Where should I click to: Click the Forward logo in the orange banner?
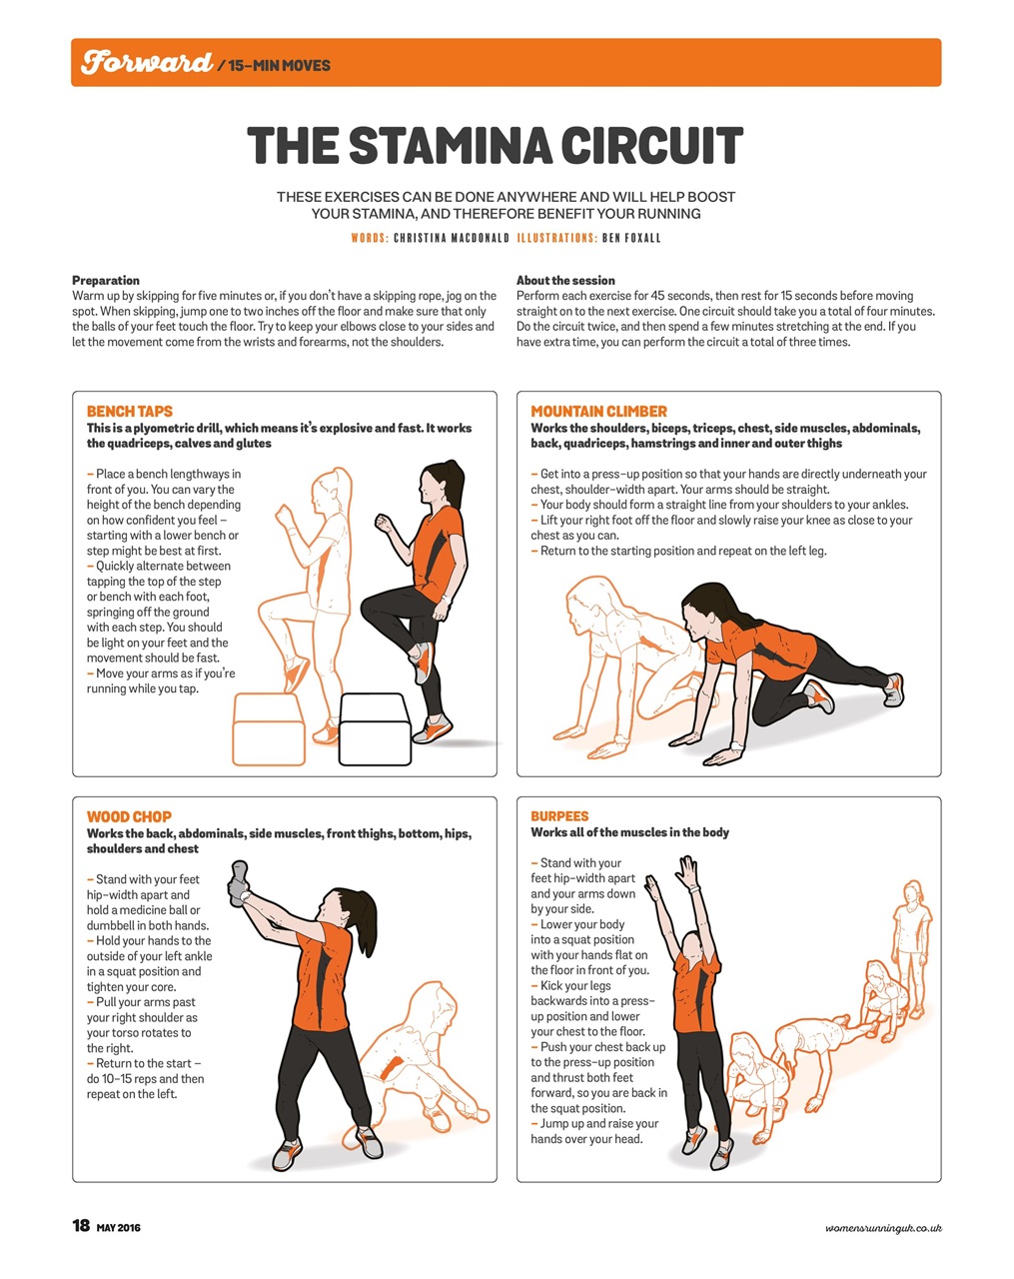click(146, 62)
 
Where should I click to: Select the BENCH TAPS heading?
click(130, 412)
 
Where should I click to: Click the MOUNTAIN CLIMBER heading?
click(598, 412)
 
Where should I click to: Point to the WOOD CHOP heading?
click(129, 816)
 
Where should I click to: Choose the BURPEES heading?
click(559, 816)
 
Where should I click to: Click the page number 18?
click(81, 1225)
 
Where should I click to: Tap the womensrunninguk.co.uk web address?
click(883, 1227)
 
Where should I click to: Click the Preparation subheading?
click(106, 281)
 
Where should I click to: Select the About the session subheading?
click(565, 281)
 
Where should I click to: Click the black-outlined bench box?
click(375, 729)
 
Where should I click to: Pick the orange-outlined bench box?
click(269, 729)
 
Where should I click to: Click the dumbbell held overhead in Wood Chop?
click(239, 883)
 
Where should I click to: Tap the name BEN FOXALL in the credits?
click(631, 239)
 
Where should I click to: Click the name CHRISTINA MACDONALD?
click(452, 239)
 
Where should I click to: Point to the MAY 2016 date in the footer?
click(118, 1228)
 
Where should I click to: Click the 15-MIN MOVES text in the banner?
click(279, 65)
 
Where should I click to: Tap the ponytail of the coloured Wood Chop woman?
click(365, 923)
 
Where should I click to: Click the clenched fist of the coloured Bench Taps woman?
click(385, 523)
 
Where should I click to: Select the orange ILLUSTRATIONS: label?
click(556, 239)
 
